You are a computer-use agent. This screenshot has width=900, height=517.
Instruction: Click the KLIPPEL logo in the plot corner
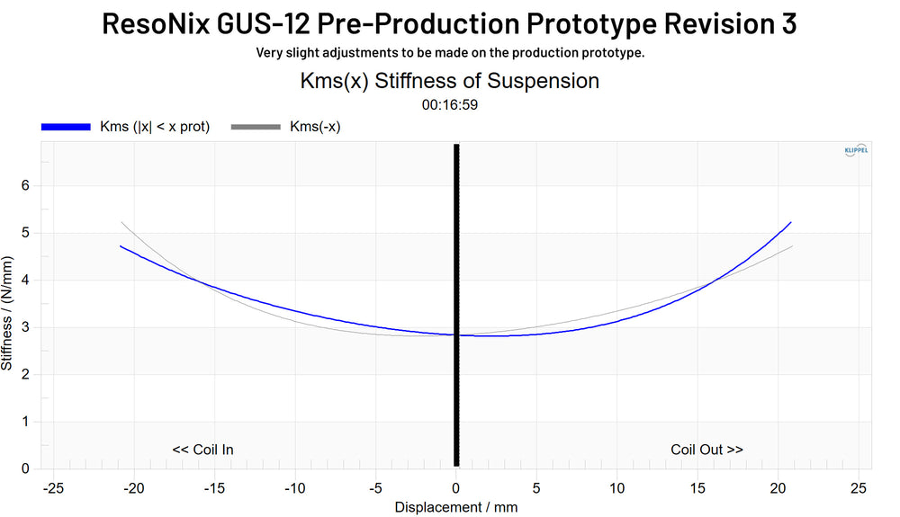click(x=856, y=150)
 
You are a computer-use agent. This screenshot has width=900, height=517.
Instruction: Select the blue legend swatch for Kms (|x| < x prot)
click(x=66, y=127)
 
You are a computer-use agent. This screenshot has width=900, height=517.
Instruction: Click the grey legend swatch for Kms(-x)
click(x=256, y=127)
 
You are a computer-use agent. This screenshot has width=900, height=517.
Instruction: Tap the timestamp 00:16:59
click(x=449, y=104)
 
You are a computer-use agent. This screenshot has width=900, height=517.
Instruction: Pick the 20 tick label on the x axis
click(x=778, y=487)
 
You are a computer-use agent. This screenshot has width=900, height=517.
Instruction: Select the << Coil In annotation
click(x=202, y=450)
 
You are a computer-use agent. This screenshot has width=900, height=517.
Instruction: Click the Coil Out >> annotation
click(x=706, y=450)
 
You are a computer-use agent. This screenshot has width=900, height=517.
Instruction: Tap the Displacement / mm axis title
click(x=456, y=507)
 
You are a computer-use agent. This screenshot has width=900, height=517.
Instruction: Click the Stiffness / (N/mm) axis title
click(x=8, y=312)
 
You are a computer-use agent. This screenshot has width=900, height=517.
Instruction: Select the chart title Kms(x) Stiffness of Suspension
click(x=449, y=80)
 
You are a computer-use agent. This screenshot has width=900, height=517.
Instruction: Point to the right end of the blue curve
click(x=791, y=222)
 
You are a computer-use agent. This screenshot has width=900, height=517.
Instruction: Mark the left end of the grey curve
click(x=121, y=222)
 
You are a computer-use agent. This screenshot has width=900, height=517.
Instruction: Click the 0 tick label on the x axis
click(x=456, y=487)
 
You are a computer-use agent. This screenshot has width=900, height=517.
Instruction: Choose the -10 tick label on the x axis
click(x=294, y=487)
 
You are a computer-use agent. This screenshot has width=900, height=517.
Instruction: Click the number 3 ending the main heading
click(x=787, y=23)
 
